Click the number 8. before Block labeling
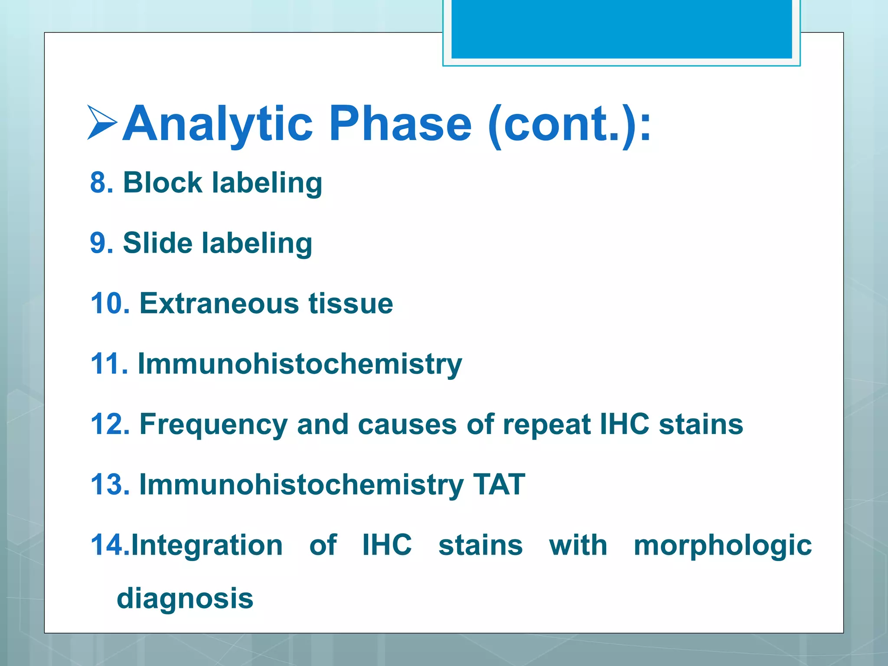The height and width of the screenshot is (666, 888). [101, 182]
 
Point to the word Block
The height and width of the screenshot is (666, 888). [163, 182]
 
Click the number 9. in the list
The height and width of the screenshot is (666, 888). [101, 243]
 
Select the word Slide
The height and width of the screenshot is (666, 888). [157, 243]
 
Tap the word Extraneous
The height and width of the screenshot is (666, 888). [219, 303]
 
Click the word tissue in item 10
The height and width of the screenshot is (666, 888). [351, 303]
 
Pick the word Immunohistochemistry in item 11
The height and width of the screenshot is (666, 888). [300, 364]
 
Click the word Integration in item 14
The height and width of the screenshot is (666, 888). [207, 545]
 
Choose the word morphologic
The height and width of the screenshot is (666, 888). [722, 546]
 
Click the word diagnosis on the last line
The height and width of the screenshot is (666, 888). [185, 599]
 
